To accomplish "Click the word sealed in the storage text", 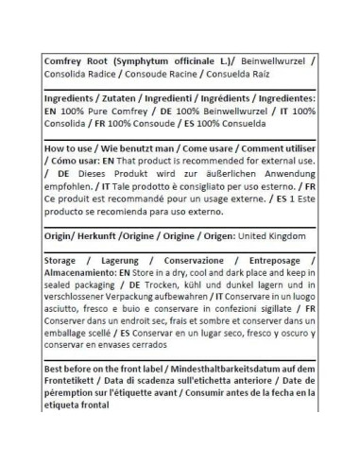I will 65,288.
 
